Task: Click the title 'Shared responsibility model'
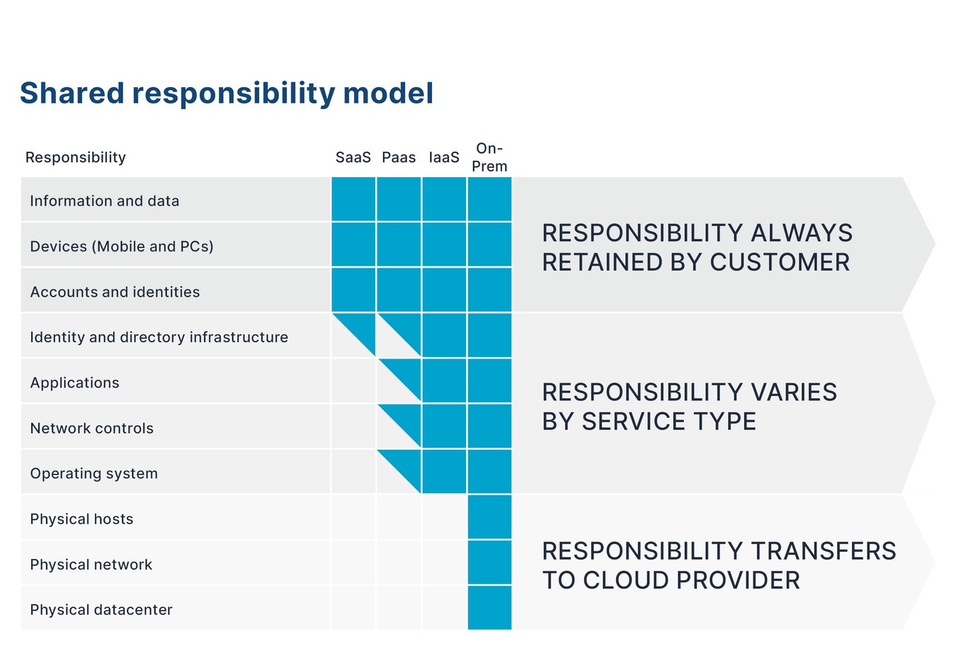click(227, 94)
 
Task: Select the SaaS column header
click(353, 157)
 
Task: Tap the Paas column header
click(399, 157)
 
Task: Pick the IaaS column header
click(444, 157)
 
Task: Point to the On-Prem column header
click(489, 157)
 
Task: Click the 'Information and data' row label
click(105, 201)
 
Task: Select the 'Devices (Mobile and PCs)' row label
click(122, 247)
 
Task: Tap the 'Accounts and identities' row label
click(115, 292)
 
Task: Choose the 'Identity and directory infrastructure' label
click(159, 337)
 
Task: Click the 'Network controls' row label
click(92, 429)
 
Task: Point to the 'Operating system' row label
click(94, 474)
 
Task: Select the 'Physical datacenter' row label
click(101, 610)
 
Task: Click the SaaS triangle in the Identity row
click(361, 327)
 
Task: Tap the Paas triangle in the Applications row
click(407, 373)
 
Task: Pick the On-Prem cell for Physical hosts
click(489, 517)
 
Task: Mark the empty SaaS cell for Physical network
click(353, 563)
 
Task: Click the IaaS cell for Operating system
click(444, 472)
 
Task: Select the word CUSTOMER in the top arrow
click(780, 262)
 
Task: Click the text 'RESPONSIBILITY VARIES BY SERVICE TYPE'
click(689, 407)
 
